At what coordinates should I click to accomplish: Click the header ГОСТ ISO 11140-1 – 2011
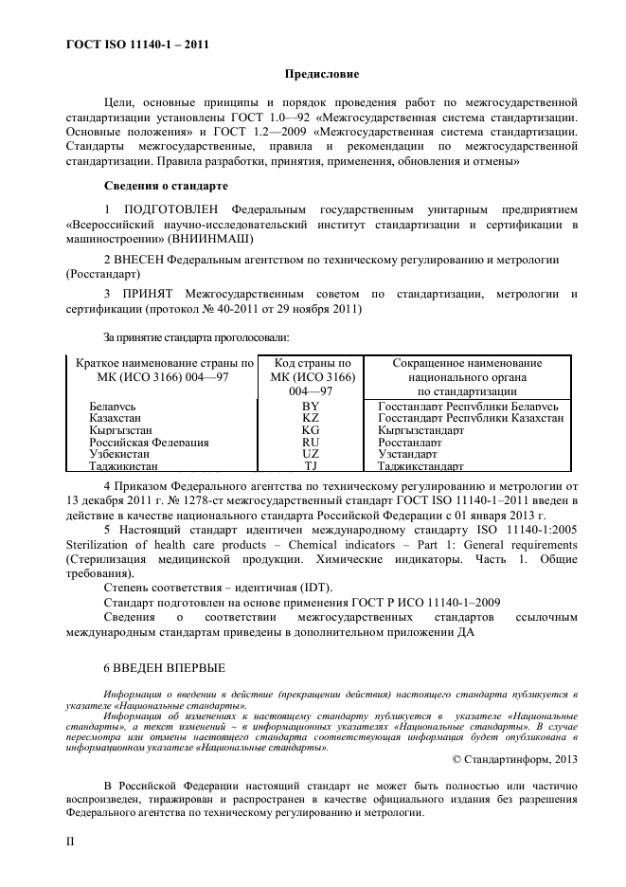(137, 44)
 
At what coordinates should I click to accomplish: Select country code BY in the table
(311, 406)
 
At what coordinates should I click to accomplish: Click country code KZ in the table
(311, 418)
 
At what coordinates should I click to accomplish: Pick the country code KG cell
(311, 430)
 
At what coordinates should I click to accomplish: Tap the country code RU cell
(311, 443)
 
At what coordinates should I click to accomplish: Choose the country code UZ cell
(311, 455)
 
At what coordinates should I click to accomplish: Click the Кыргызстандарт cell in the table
(420, 430)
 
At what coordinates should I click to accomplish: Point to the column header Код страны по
(312, 363)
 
